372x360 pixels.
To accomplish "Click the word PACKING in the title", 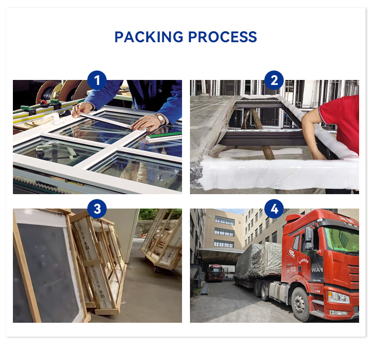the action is (149, 37).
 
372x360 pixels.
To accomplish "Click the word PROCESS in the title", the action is (223, 37).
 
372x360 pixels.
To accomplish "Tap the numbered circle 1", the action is (97, 80).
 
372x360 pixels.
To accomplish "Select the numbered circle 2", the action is (274, 80).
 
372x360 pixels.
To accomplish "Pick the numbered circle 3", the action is (97, 209).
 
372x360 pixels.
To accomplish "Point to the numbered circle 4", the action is (274, 209).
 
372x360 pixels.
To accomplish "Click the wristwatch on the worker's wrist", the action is (160, 119).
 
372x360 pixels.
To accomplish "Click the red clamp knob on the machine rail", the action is (43, 103).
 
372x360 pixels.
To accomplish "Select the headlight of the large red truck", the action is (338, 297).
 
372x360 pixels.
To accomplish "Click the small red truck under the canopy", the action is (215, 273).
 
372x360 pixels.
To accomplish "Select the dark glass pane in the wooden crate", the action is (48, 271).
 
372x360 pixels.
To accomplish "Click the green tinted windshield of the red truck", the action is (342, 240).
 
